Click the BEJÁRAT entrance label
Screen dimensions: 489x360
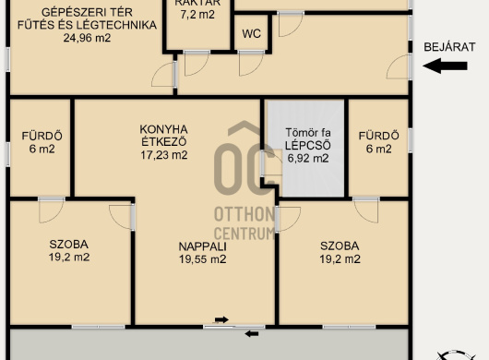449,47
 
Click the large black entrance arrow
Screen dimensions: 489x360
445,66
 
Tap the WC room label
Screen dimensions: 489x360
251,33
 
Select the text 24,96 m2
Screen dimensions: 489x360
87,38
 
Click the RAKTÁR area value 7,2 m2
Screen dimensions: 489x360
197,15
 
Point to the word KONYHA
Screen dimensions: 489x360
163,129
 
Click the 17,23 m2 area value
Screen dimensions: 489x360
164,155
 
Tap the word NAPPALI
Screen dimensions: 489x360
203,246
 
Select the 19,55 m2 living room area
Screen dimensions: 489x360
203,259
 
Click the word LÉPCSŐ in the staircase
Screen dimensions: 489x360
308,145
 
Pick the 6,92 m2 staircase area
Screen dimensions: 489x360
308,158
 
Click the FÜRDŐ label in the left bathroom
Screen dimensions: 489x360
42,136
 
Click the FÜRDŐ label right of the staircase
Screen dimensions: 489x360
378,136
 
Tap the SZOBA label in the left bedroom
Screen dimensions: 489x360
68,245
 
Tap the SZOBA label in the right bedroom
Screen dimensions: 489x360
340,246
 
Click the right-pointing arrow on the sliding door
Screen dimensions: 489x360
221,319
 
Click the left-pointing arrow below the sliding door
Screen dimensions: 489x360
252,334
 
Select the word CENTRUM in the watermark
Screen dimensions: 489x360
244,234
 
